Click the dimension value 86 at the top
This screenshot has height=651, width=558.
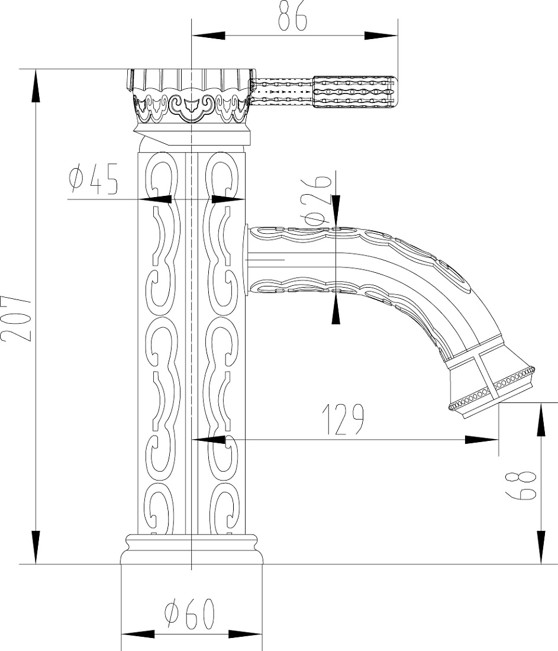(x=292, y=16)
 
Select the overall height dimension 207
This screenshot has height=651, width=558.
(x=16, y=318)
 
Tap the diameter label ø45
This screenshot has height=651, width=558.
(x=94, y=179)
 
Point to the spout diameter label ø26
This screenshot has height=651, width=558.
(x=317, y=200)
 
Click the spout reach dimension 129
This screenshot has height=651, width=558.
(x=343, y=420)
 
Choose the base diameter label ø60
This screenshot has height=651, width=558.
(x=190, y=614)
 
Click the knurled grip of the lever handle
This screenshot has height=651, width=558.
(x=353, y=92)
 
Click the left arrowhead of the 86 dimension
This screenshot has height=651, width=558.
(x=208, y=36)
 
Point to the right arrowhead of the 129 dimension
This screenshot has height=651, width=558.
(x=482, y=440)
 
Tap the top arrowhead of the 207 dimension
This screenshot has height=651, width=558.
(x=36, y=86)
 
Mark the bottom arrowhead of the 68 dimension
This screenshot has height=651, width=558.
(x=541, y=547)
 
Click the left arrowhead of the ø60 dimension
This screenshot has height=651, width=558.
(x=137, y=634)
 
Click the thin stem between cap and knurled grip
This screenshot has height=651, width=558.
(x=282, y=92)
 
